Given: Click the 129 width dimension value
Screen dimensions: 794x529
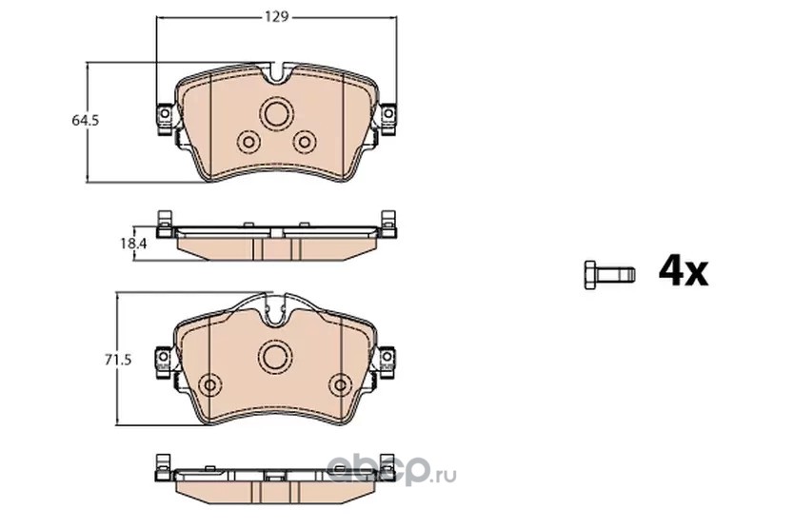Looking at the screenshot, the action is pyautogui.click(x=276, y=17).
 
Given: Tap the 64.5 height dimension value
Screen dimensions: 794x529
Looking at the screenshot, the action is pyautogui.click(x=85, y=121).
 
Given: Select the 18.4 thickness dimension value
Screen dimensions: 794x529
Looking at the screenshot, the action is pyautogui.click(x=133, y=244).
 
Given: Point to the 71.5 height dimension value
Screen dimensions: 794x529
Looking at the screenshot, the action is pyautogui.click(x=118, y=360).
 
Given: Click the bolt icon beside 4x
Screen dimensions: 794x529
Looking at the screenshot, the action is pyautogui.click(x=609, y=275).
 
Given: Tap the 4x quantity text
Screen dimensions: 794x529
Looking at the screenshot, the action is pyautogui.click(x=684, y=271).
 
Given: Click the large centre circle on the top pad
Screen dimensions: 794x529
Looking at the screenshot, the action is pyautogui.click(x=276, y=113).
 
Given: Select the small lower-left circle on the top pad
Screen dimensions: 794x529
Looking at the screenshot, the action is pyautogui.click(x=248, y=143).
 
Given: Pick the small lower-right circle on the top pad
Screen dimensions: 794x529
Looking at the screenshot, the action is pyautogui.click(x=305, y=143).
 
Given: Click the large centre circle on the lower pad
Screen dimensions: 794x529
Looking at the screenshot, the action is pyautogui.click(x=276, y=356).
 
